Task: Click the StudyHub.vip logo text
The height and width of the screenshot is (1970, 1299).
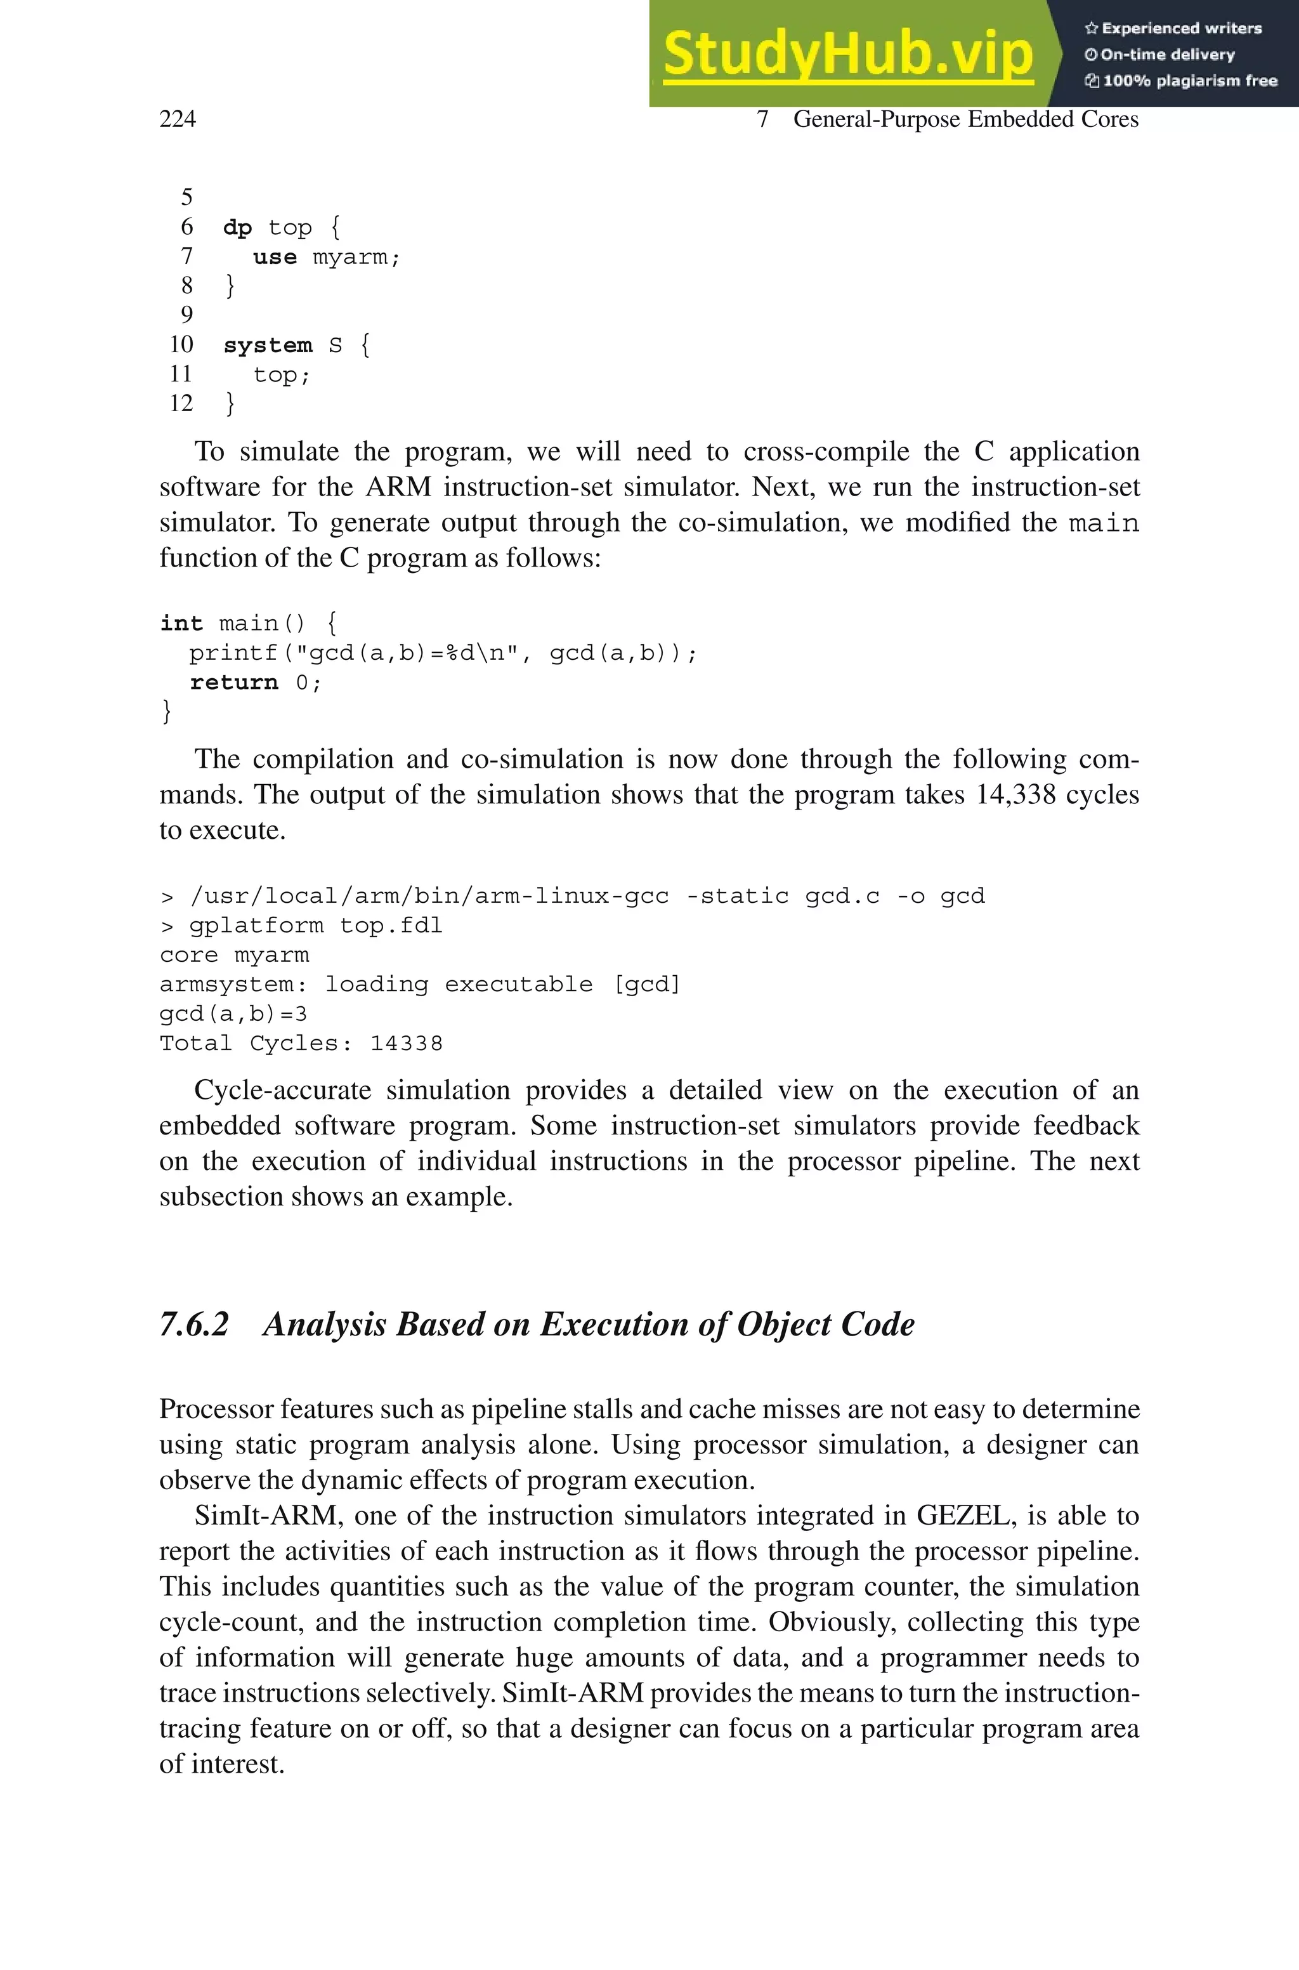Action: (x=847, y=54)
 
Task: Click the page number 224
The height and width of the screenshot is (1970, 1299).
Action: (x=178, y=119)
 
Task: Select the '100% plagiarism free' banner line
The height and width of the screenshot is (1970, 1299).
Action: (x=1182, y=81)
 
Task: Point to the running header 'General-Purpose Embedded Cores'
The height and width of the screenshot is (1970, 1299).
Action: (x=965, y=119)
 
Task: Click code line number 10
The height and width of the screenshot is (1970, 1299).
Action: (x=181, y=345)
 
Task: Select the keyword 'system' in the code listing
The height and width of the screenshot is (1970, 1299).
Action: (x=268, y=345)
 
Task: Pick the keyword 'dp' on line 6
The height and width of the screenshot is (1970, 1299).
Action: (x=237, y=228)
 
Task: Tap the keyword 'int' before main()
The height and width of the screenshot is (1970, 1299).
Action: (x=181, y=623)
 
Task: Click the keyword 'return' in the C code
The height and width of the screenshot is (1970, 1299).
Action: (x=233, y=683)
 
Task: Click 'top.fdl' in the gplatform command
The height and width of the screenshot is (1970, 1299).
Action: (x=391, y=925)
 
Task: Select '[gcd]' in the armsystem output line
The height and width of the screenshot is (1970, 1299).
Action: (x=646, y=984)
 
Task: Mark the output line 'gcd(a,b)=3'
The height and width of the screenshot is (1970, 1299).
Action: (x=233, y=1014)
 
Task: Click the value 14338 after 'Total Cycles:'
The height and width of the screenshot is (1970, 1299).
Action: (x=406, y=1044)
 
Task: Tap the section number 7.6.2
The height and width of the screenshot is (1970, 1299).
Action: (x=194, y=1324)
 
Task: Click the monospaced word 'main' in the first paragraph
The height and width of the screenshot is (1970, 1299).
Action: (x=1104, y=523)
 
